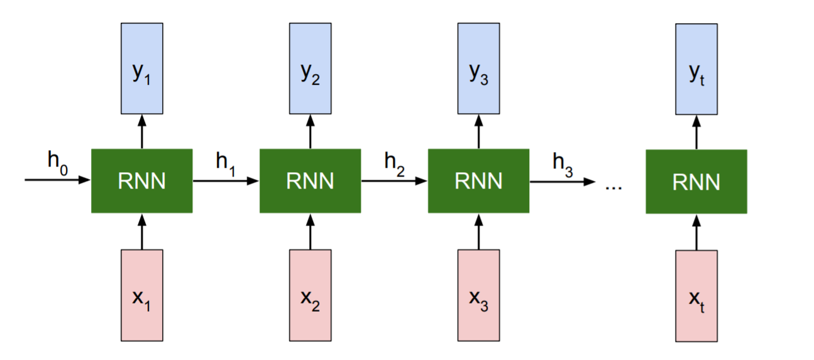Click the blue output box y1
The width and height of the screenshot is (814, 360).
pyautogui.click(x=141, y=68)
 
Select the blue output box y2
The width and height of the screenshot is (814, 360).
pyautogui.click(x=310, y=68)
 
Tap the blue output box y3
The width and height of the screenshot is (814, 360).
pyautogui.click(x=478, y=68)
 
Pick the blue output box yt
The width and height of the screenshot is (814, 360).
pyautogui.click(x=696, y=68)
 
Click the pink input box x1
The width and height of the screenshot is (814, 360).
pyautogui.click(x=141, y=295)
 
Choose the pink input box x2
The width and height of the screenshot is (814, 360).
pyautogui.click(x=310, y=295)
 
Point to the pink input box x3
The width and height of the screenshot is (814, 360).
pyautogui.click(x=478, y=295)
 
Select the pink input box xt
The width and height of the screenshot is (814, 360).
pyautogui.click(x=696, y=296)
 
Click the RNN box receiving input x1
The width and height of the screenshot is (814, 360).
pyautogui.click(x=141, y=181)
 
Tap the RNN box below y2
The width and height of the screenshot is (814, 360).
pyautogui.click(x=310, y=181)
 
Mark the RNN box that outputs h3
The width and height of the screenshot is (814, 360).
pyautogui.click(x=478, y=181)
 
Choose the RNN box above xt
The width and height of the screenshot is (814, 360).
pyautogui.click(x=696, y=182)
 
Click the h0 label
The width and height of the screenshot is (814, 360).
pyautogui.click(x=57, y=161)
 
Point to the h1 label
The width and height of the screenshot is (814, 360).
pyautogui.click(x=225, y=161)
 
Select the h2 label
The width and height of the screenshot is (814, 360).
pyautogui.click(x=394, y=161)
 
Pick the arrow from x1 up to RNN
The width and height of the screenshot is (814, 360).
pyautogui.click(x=141, y=231)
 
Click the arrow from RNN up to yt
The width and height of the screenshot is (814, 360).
pyautogui.click(x=696, y=131)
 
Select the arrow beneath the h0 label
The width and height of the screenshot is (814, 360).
pyautogui.click(x=57, y=180)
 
